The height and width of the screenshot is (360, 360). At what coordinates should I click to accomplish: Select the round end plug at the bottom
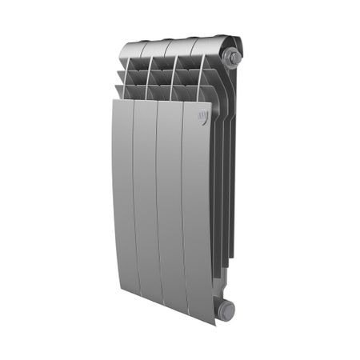pos(227,310)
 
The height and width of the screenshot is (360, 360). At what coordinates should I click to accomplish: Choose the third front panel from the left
pos(170,208)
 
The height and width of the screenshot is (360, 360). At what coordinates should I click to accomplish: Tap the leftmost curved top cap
pos(133,50)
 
